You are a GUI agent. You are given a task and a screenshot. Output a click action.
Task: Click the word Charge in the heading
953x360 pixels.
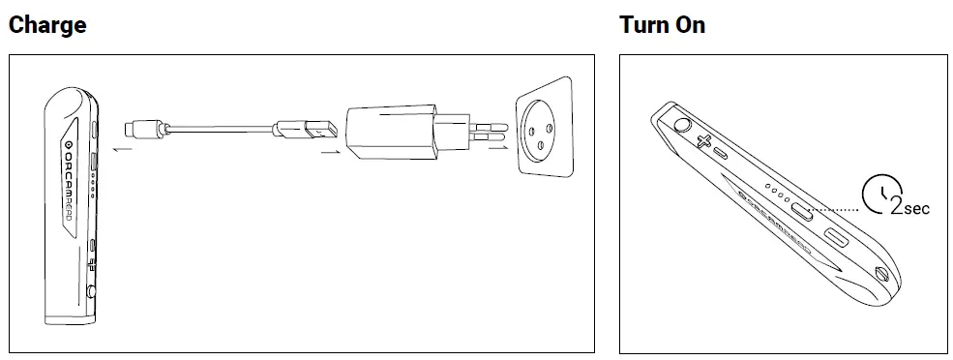[47, 25]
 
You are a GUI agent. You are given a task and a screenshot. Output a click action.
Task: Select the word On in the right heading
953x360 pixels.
[691, 25]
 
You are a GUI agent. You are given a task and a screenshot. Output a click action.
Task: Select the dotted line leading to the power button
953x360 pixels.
[836, 208]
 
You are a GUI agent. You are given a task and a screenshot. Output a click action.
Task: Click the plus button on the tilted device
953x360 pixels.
[703, 141]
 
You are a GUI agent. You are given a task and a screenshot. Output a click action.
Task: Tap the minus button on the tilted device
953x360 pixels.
[721, 153]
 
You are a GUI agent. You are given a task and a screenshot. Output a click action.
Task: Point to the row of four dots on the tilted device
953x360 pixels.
[776, 190]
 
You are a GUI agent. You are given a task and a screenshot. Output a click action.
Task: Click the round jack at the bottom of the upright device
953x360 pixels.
[92, 289]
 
